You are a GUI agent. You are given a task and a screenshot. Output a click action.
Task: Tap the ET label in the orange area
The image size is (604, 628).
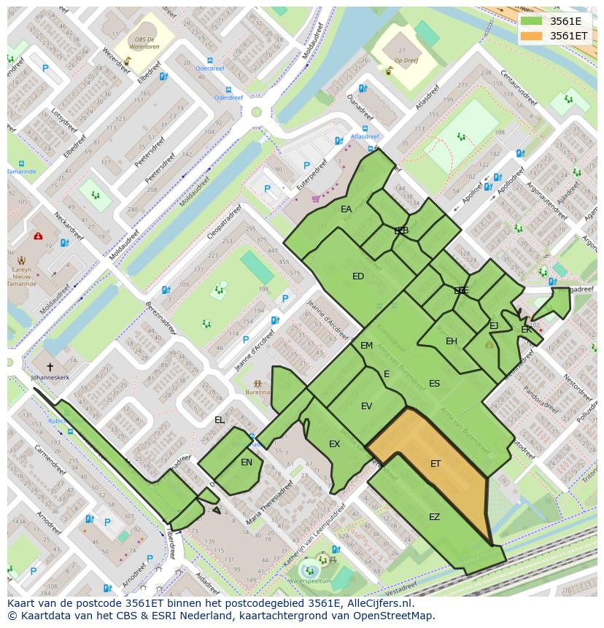click(x=435, y=463)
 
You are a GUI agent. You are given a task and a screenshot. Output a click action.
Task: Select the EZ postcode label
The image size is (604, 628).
click(x=434, y=517)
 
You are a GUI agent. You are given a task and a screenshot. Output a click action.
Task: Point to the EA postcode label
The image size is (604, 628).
click(x=346, y=209)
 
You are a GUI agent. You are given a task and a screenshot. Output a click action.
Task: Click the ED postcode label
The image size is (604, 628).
click(x=357, y=276)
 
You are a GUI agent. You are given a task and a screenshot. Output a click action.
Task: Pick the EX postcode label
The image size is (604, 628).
click(x=334, y=444)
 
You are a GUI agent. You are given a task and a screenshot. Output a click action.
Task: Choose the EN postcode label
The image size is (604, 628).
click(x=247, y=462)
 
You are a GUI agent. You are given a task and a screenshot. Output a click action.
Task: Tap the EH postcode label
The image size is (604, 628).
click(x=452, y=341)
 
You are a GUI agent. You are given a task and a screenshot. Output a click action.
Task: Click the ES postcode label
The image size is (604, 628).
click(x=434, y=384)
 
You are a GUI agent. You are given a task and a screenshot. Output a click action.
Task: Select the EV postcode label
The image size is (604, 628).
click(x=366, y=406)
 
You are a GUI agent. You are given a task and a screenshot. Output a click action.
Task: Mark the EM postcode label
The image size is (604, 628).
click(x=366, y=346)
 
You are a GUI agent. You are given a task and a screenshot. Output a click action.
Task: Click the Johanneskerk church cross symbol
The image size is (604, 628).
click(x=50, y=367)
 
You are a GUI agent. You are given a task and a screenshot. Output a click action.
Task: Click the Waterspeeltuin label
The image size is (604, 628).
click(x=309, y=581)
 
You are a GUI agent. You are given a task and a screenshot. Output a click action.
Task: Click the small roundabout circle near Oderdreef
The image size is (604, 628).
click(x=256, y=112)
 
